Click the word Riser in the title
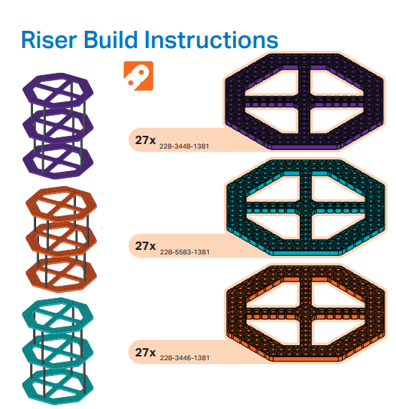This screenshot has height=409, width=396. click(49, 40)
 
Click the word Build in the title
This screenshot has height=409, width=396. click(110, 39)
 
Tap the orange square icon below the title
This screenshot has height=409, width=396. click(138, 76)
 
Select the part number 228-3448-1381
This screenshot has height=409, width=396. click(184, 146)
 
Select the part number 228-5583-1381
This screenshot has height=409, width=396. click(185, 252)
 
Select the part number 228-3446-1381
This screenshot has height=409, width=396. click(185, 358)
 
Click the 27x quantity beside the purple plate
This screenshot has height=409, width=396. click(145, 140)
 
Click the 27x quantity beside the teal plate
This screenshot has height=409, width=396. click(145, 246)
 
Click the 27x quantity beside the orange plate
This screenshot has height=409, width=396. click(145, 353)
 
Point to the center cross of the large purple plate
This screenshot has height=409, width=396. click(304, 101)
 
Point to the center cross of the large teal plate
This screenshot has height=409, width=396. click(306, 207)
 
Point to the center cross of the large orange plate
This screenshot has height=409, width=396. click(306, 313)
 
